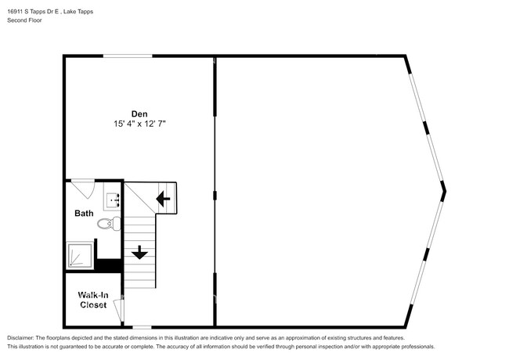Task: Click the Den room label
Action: tap(139, 113)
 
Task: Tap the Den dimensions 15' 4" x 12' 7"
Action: tap(139, 124)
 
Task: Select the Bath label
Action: tap(84, 213)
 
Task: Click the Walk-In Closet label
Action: tap(93, 300)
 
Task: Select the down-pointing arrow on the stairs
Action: tap(139, 252)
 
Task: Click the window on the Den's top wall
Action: tap(128, 56)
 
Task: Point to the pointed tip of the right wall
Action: tap(444, 189)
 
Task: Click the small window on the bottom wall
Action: tap(141, 326)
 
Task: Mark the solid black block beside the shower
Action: tap(109, 265)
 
